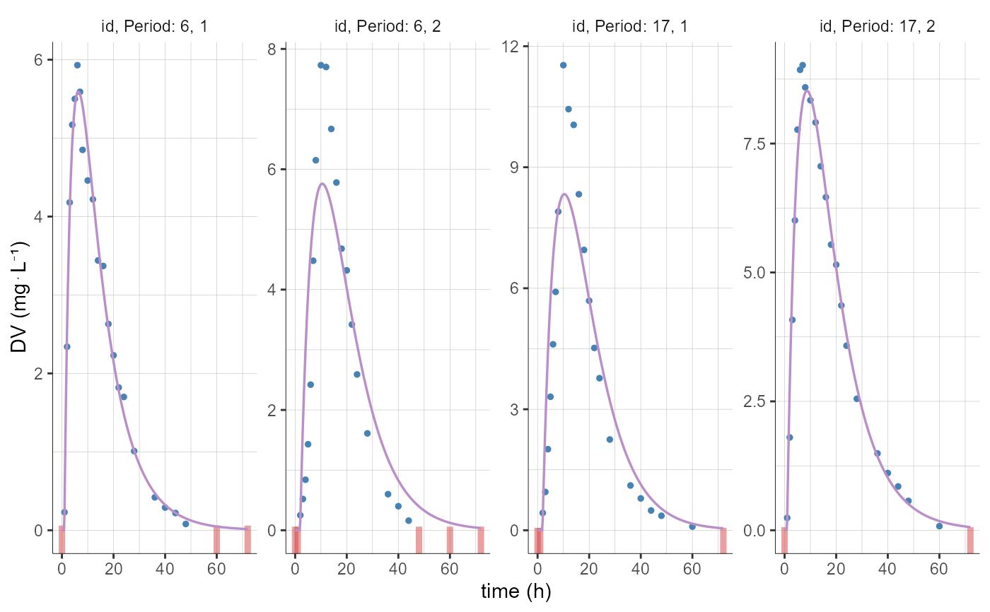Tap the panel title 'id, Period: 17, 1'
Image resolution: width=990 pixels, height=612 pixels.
629,28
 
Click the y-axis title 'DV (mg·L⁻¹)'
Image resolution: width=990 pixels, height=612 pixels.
19,297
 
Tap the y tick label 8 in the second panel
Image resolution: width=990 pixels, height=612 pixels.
280,49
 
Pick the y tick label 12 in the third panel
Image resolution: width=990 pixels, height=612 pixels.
520,47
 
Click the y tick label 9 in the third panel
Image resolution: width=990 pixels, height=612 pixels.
524,167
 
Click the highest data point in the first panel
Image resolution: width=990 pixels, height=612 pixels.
77,65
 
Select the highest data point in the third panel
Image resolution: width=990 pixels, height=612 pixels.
563,65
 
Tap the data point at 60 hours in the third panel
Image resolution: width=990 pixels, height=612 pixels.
692,526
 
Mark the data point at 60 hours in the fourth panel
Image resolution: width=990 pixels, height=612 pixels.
939,526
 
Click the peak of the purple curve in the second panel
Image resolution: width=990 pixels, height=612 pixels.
322,184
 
